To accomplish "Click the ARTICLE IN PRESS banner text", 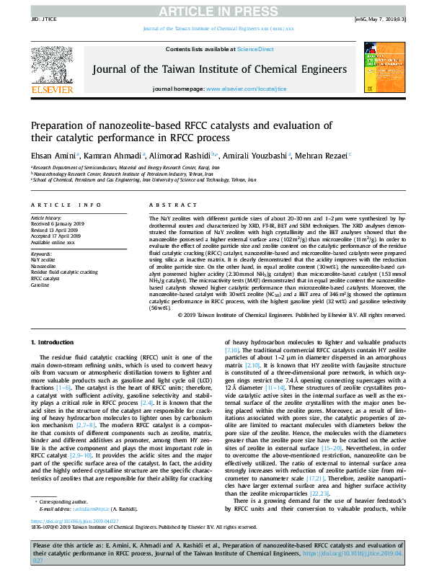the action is tap(214, 9).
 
